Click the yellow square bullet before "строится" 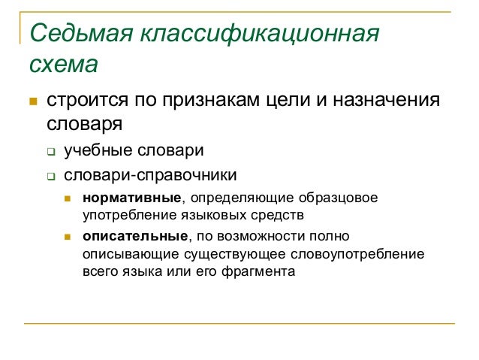(x=32, y=101)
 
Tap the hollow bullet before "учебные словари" (x=51, y=151)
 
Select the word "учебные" (x=96, y=150)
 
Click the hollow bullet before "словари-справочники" (x=51, y=177)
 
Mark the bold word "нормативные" (x=132, y=198)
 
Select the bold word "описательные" (x=135, y=237)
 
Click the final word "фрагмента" (x=259, y=271)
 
